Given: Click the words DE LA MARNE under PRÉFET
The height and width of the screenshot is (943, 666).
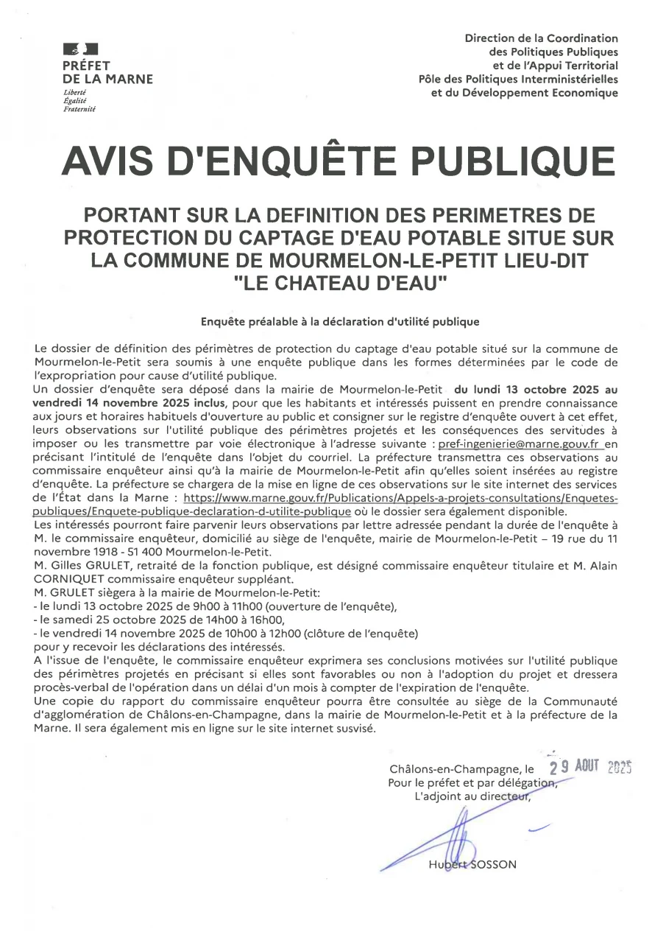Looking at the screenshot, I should pos(107,79).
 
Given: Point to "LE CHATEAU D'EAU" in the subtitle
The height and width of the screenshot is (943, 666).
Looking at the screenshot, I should pos(340,283).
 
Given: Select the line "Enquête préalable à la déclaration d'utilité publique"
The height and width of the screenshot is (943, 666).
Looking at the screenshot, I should pos(340,322).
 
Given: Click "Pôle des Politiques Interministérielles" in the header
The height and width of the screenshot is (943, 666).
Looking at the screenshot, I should pos(518,79).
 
